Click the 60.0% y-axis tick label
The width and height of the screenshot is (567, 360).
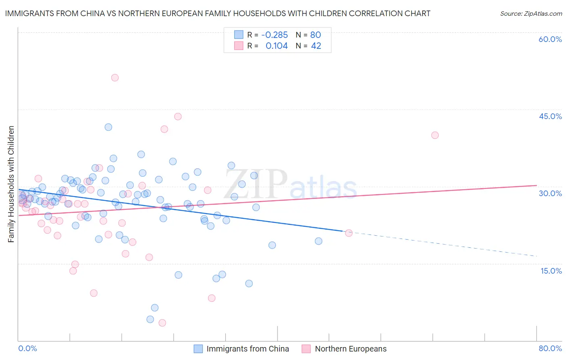point(550,39)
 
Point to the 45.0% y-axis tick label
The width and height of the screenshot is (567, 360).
point(550,116)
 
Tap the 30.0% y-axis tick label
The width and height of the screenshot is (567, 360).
point(550,193)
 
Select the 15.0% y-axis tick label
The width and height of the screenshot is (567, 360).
point(551,271)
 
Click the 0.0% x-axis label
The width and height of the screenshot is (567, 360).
point(27,348)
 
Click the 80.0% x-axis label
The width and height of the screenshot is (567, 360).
point(550,348)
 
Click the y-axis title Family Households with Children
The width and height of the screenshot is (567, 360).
point(11,184)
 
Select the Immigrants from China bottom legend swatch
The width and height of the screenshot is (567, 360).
point(198,349)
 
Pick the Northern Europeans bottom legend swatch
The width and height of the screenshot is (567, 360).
point(306,349)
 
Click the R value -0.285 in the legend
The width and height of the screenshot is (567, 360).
point(275,35)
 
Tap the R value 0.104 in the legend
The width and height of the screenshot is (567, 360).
point(277,46)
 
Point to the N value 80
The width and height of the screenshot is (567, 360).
point(315,35)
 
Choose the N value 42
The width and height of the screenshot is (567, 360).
point(316,46)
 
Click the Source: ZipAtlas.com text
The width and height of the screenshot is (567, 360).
point(531,14)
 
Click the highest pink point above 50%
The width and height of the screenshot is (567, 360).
point(115,78)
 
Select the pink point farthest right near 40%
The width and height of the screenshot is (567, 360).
point(435,135)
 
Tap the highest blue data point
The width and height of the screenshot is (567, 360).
point(108,127)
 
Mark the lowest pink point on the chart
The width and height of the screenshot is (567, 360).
point(162,323)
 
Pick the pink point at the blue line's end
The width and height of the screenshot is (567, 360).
point(349,233)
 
